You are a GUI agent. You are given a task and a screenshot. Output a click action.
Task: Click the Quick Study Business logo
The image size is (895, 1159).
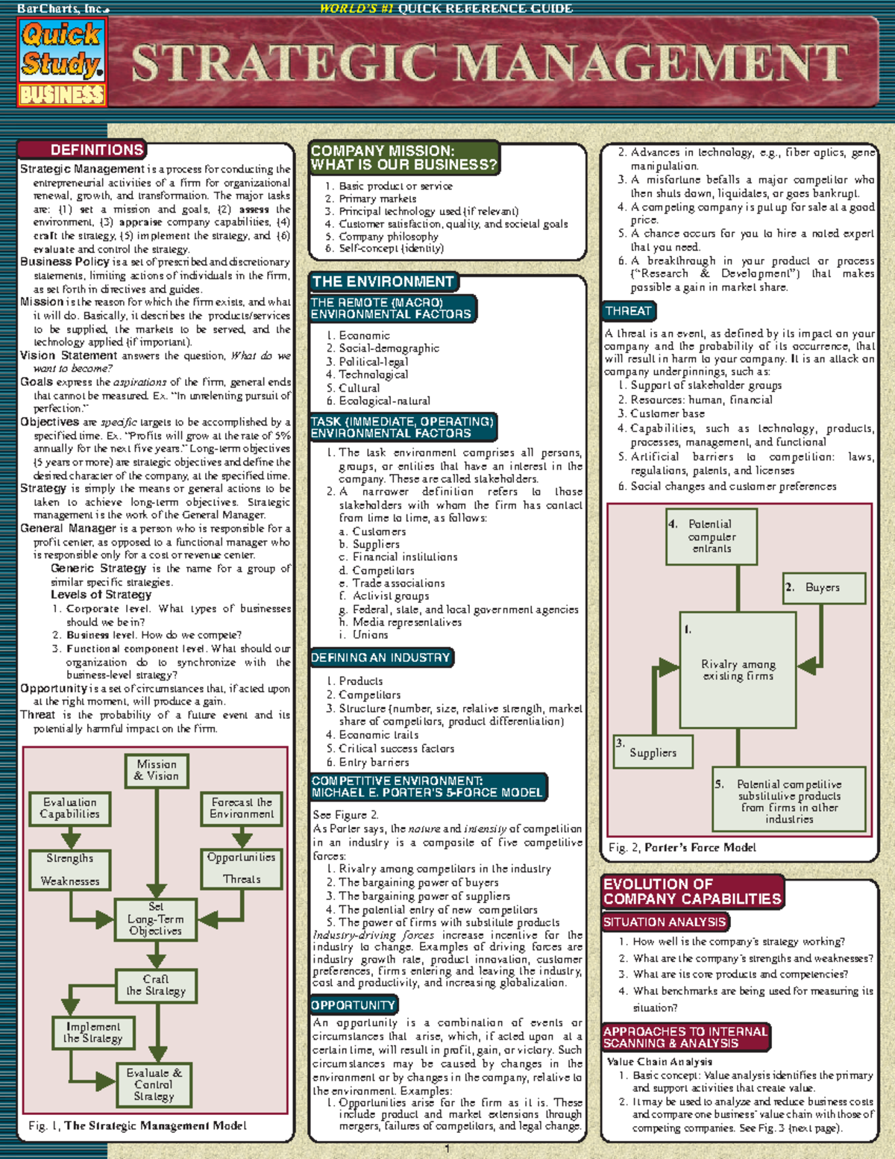click(63, 63)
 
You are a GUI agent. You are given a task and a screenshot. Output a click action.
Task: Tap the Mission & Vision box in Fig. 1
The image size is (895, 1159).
click(156, 770)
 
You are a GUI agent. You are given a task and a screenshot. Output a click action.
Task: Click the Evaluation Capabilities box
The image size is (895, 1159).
click(69, 808)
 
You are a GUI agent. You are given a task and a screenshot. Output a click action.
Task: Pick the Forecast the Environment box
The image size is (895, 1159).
click(242, 808)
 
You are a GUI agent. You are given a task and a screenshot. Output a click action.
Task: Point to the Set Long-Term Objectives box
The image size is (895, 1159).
click(155, 919)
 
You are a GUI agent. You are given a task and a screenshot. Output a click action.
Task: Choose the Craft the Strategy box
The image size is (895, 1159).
click(156, 985)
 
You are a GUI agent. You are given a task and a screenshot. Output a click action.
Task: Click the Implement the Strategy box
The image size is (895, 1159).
click(93, 1033)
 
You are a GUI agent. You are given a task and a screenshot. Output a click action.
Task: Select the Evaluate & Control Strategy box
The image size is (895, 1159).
click(154, 1084)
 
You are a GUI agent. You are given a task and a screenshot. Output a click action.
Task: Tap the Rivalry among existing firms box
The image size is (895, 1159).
click(738, 669)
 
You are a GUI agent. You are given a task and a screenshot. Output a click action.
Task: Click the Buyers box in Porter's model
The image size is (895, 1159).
click(823, 588)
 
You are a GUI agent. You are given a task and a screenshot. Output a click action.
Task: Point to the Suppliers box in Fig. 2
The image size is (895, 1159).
click(653, 752)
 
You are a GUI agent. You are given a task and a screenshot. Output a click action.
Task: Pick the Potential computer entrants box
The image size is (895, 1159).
click(712, 537)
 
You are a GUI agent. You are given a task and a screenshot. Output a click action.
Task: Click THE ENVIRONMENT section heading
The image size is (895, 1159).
click(383, 282)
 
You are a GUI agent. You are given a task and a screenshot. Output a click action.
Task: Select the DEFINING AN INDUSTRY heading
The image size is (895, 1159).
click(380, 657)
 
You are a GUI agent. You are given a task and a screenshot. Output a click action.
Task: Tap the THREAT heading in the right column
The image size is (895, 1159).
click(629, 311)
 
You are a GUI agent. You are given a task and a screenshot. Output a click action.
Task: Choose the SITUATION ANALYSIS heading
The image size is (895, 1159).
click(665, 922)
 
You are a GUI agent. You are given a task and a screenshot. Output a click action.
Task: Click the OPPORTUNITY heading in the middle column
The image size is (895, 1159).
click(354, 1005)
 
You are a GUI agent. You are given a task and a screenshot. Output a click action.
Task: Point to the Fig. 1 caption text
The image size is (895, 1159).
click(137, 1125)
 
